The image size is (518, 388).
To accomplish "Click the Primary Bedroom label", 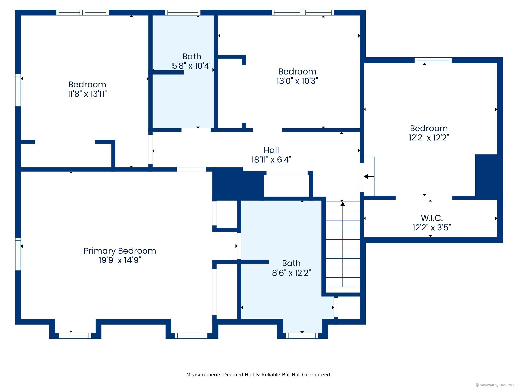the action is [x=120, y=251].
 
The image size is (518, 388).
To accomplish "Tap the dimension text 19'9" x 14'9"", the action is [x=120, y=260].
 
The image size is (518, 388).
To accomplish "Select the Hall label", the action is [x=271, y=150].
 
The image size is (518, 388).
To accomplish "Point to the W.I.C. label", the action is [x=432, y=218].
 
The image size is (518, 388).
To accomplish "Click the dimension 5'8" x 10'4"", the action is [x=192, y=66].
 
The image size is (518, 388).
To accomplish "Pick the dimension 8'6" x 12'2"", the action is [x=291, y=273].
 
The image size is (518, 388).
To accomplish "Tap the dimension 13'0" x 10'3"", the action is [x=297, y=81].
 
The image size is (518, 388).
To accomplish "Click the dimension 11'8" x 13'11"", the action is [x=87, y=94].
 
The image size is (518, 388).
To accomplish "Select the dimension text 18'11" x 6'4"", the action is [x=271, y=160].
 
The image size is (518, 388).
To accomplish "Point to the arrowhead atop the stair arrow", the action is [x=342, y=204].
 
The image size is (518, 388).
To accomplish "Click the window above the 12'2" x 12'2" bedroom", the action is [x=433, y=60].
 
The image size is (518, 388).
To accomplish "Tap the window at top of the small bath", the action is [x=183, y=13].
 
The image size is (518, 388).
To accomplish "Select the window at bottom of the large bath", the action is [x=302, y=336].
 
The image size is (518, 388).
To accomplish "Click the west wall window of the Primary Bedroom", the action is [x=18, y=254].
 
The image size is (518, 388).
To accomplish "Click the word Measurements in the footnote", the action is [x=204, y=375].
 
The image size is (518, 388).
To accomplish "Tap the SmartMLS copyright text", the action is [x=496, y=385].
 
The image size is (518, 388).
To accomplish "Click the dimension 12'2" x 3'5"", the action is [x=432, y=228].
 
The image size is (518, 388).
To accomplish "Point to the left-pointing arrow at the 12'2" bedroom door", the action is [x=366, y=177].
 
